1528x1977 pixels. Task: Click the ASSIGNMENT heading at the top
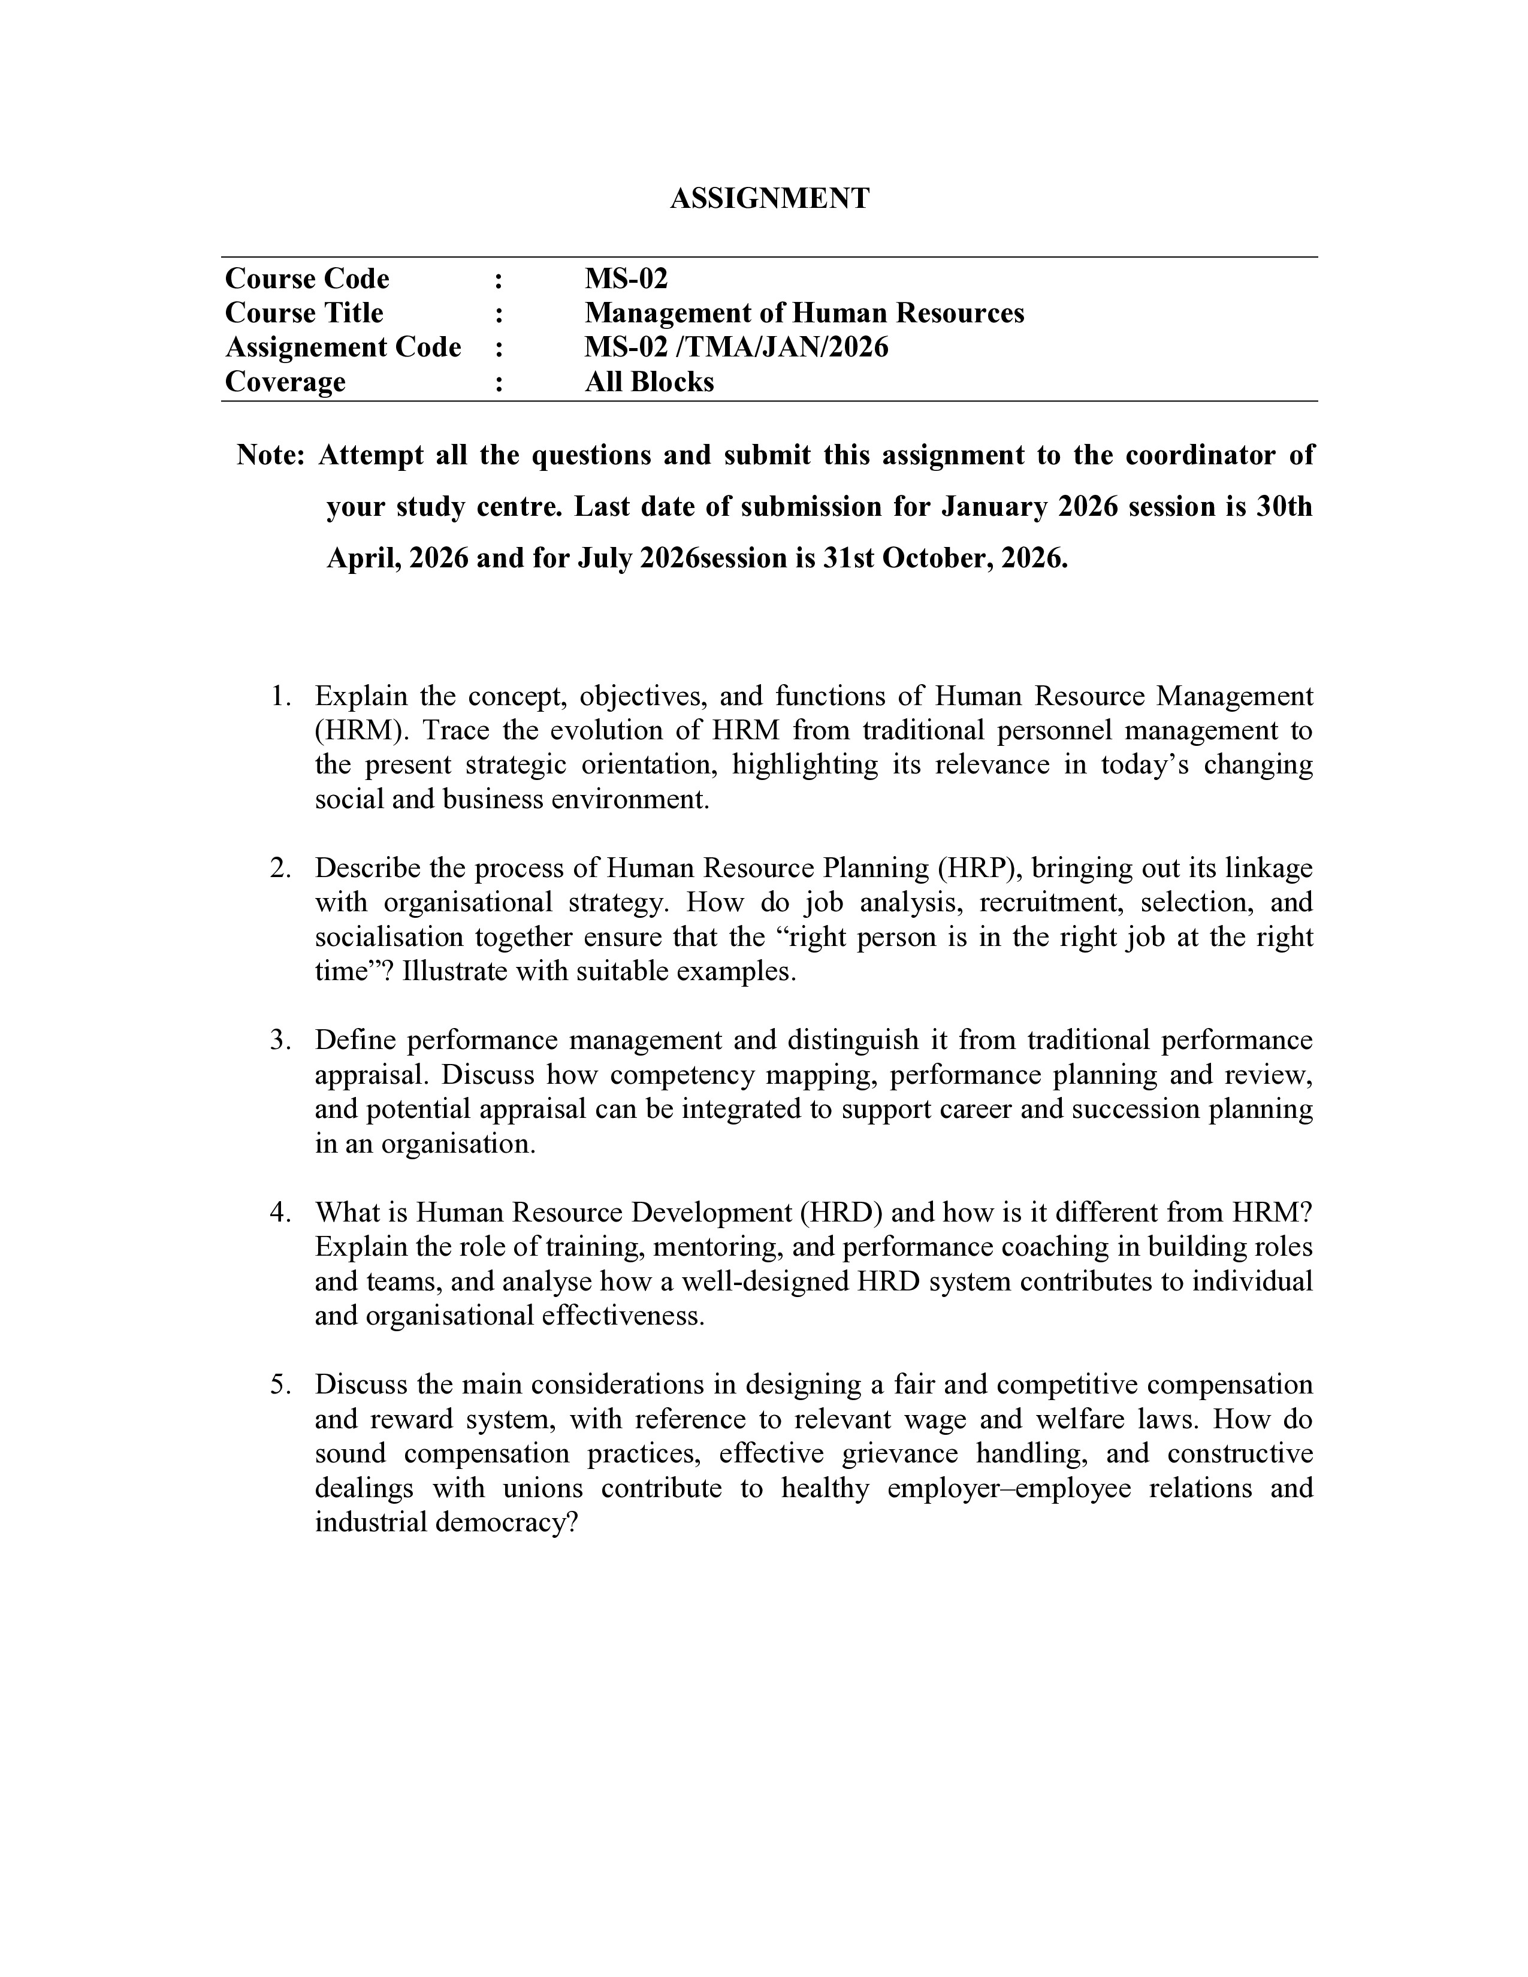click(x=769, y=199)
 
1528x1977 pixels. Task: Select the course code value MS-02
click(x=626, y=279)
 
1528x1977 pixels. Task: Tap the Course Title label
click(x=304, y=313)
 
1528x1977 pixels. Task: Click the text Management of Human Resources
click(x=804, y=313)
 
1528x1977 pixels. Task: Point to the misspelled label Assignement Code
click(x=343, y=347)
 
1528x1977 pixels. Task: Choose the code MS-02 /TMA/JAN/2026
click(x=736, y=347)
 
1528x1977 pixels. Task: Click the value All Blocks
click(x=649, y=382)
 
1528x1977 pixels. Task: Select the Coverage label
click(x=285, y=382)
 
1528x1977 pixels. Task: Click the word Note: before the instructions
click(x=271, y=455)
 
